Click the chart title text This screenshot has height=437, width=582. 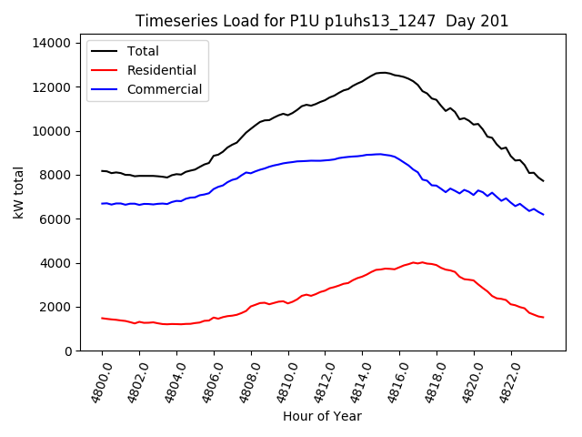tap(322, 21)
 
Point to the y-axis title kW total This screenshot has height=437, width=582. tap(19, 192)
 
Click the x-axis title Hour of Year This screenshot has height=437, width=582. tap(322, 416)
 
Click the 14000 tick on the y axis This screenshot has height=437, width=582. tap(51, 43)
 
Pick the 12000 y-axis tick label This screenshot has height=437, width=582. tap(51, 87)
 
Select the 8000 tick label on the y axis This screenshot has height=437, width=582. tap(55, 176)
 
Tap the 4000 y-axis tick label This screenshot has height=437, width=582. tap(55, 264)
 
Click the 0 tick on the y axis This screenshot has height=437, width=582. tap(68, 351)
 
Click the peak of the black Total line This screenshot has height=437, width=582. tap(382, 73)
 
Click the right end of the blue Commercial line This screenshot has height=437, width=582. tap(544, 215)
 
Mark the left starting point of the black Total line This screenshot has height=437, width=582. tap(102, 171)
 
